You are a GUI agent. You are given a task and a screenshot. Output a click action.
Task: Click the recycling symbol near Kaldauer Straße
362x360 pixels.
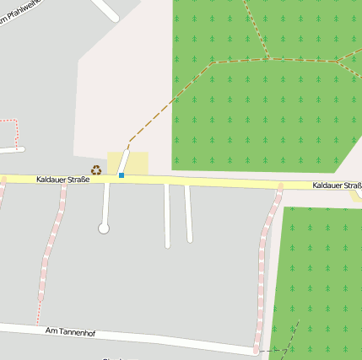pos(96,169)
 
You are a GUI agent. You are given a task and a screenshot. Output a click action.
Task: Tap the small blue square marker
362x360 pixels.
pos(122,175)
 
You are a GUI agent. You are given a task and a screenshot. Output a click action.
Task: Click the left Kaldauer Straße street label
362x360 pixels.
pos(62,180)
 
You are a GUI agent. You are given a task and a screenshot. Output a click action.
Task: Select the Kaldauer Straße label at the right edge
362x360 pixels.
pos(337,185)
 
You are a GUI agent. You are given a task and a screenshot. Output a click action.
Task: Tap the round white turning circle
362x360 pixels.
pos(104,228)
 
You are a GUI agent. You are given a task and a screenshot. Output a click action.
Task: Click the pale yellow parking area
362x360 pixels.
pos(138,163)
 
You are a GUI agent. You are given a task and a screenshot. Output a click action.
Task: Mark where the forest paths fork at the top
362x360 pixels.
pos(269,58)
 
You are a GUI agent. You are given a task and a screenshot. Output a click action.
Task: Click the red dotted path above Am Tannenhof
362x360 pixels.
pos(40,287)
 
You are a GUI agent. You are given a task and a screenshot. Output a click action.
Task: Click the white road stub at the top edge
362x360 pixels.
pos(105,8)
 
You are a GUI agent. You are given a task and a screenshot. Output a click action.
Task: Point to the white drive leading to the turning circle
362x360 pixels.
pos(105,202)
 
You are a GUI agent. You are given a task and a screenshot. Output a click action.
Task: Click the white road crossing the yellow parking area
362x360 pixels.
pos(123,161)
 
